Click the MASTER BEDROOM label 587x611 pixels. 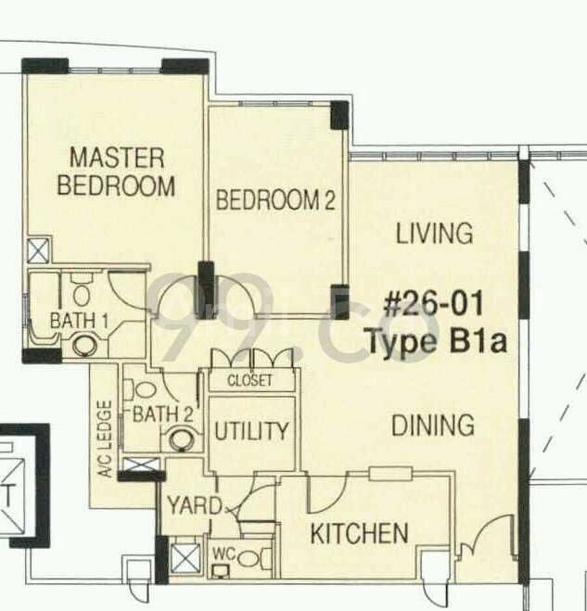coord(116,171)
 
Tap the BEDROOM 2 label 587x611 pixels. coord(276,200)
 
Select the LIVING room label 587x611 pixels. coord(434,233)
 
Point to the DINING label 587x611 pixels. coord(433,425)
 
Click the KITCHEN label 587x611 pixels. coord(359,533)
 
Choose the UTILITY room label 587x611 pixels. coord(251,431)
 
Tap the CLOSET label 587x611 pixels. coord(250,380)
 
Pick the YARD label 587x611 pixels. coord(194,505)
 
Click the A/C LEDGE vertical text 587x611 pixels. coord(105,439)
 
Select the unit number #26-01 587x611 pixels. coord(434,305)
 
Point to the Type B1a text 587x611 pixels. coord(437,340)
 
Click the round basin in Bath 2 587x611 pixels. coord(181,440)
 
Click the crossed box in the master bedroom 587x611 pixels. coord(38,250)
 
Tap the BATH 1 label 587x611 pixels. coord(79,321)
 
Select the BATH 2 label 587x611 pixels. coord(163,414)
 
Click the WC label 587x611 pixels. coord(224,554)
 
